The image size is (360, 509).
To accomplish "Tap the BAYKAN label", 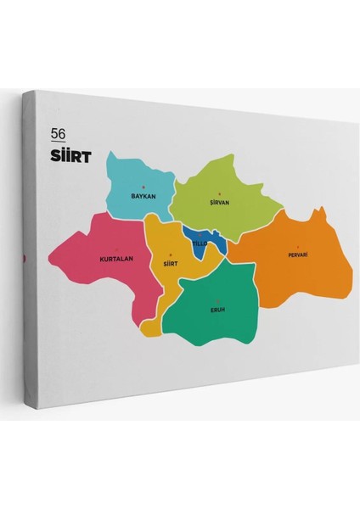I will [143, 196].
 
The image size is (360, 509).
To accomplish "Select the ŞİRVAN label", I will [220, 204].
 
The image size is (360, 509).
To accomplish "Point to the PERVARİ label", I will [297, 255].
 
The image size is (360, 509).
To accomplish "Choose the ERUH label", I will [217, 310].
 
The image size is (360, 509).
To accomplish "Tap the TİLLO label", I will [199, 243].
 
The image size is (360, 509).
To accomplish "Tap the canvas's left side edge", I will [27, 255].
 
